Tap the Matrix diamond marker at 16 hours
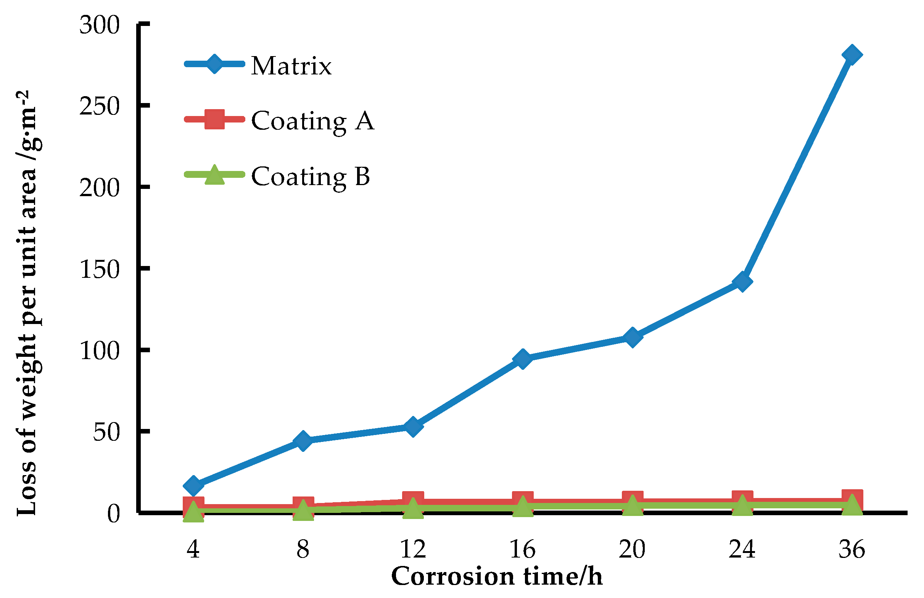tap(522, 359)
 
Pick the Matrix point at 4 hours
tap(193, 486)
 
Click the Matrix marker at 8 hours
tap(303, 441)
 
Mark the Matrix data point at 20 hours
tap(632, 337)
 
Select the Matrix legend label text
tap(291, 66)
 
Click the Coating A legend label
tap(312, 121)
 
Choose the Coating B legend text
tap(311, 176)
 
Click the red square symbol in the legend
tap(214, 119)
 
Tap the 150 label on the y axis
tap(99, 269)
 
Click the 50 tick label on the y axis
tap(106, 432)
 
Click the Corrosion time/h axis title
tap(497, 576)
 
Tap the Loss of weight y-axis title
tap(27, 303)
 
